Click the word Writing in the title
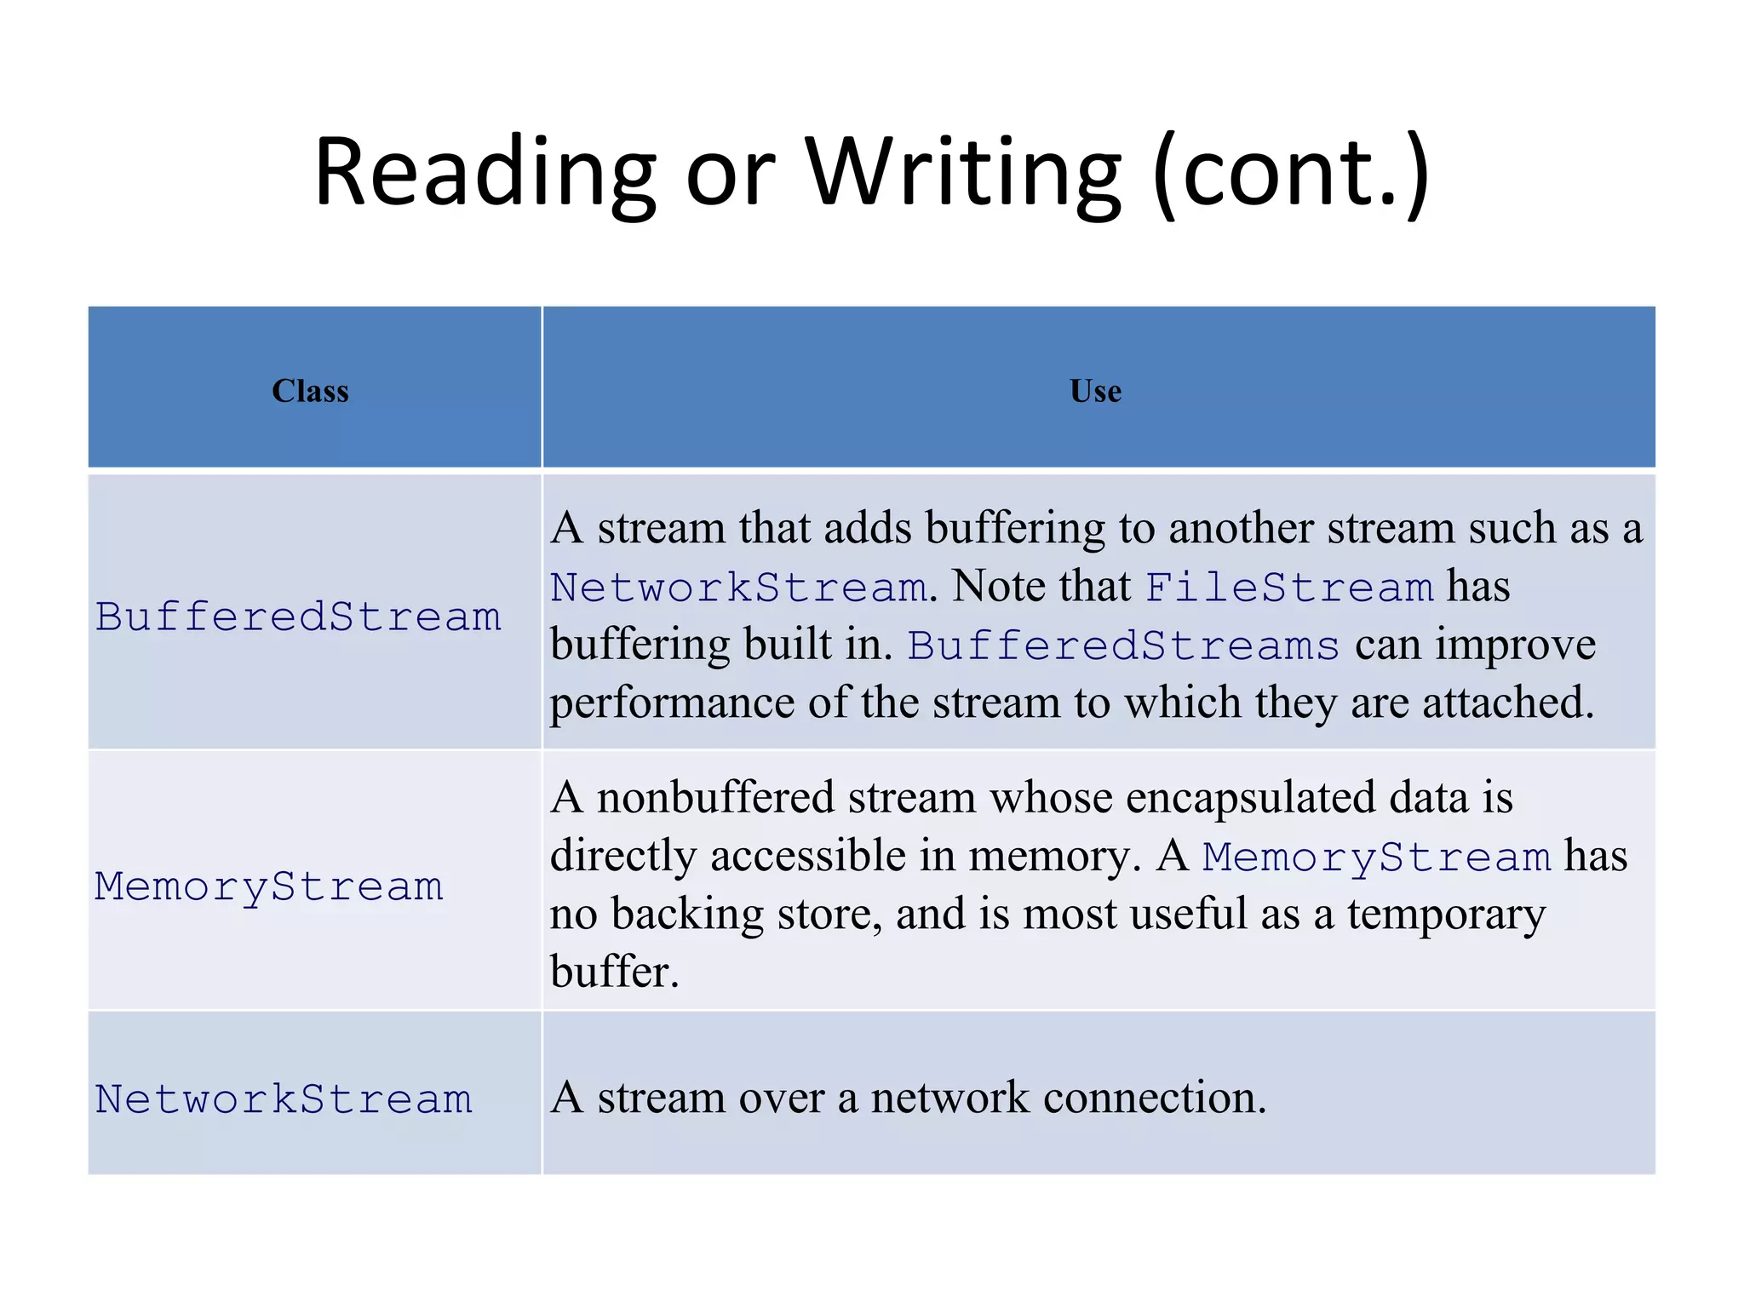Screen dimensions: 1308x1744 (x=963, y=175)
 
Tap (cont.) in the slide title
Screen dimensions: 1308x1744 (x=1291, y=175)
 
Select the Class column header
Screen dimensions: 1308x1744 (x=310, y=391)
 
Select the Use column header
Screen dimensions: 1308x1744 (x=1095, y=391)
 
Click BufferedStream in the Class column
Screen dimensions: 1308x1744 (x=298, y=617)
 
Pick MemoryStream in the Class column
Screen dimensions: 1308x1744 (x=269, y=886)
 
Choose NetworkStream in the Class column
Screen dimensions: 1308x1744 (x=284, y=1099)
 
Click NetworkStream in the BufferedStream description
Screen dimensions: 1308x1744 (x=738, y=588)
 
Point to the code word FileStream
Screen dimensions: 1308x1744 (x=1289, y=588)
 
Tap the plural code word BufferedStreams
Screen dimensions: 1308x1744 (x=1123, y=645)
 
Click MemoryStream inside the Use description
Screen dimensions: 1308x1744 (x=1376, y=857)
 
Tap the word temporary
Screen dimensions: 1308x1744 (x=1446, y=915)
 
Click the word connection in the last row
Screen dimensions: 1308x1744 (x=1155, y=1098)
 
